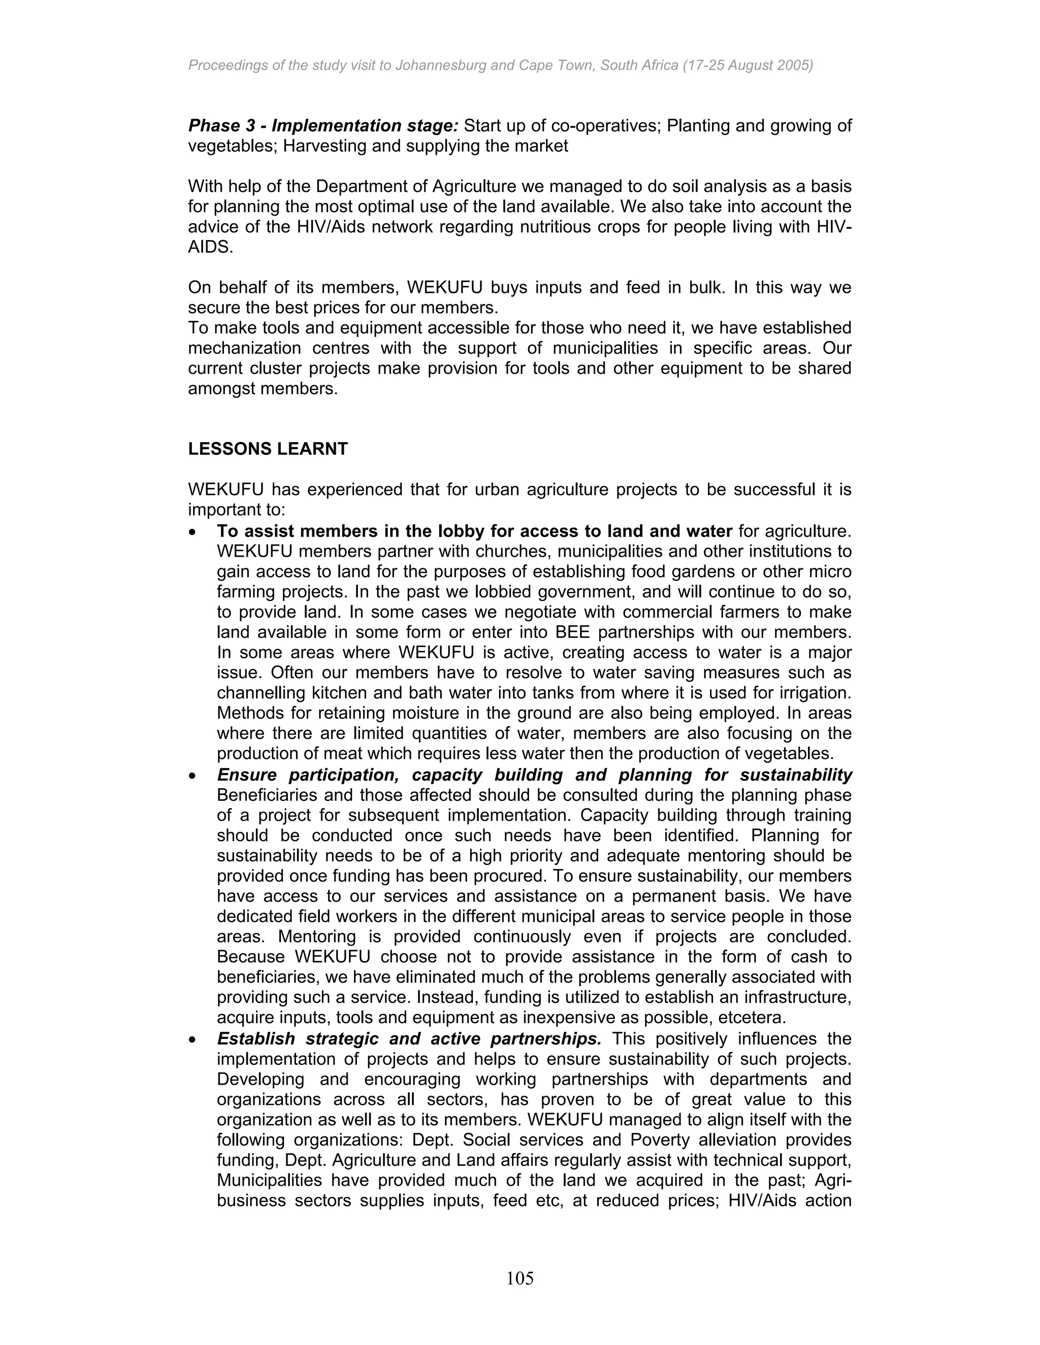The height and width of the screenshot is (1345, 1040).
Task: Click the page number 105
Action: click(520, 1279)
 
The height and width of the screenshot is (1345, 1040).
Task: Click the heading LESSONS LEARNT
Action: click(268, 449)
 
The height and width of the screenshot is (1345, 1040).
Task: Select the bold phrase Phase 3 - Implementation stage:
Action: click(323, 126)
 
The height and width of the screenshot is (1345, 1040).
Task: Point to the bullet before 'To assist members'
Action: click(193, 531)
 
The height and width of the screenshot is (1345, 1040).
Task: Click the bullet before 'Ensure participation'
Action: click(193, 776)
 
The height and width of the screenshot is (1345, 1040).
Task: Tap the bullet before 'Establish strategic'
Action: click(193, 1039)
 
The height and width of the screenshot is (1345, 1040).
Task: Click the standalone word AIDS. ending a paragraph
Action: click(211, 248)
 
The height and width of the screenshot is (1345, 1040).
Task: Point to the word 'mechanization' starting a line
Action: click(244, 349)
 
